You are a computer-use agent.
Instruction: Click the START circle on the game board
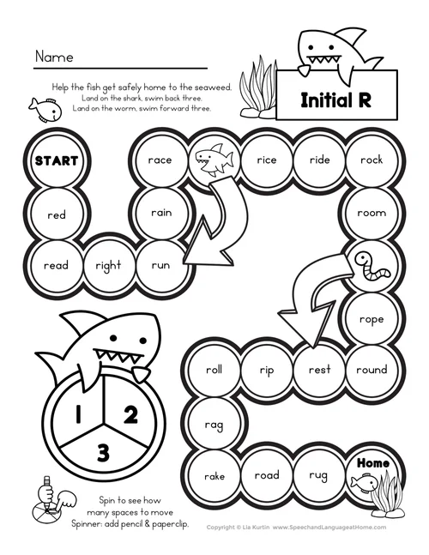pyautogui.click(x=56, y=160)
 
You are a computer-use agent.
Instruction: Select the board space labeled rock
pyautogui.click(x=371, y=160)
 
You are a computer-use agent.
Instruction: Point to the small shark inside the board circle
pyautogui.click(x=212, y=159)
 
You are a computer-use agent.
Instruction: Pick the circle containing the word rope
pyautogui.click(x=371, y=319)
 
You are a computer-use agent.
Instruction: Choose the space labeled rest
pyautogui.click(x=318, y=370)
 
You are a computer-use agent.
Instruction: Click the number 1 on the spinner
pyautogui.click(x=76, y=417)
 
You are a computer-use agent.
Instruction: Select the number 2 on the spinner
pyautogui.click(x=130, y=415)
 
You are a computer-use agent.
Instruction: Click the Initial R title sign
pyautogui.click(x=334, y=100)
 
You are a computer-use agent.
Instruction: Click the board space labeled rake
pyautogui.click(x=214, y=476)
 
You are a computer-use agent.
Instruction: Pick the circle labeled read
pyautogui.click(x=56, y=266)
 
